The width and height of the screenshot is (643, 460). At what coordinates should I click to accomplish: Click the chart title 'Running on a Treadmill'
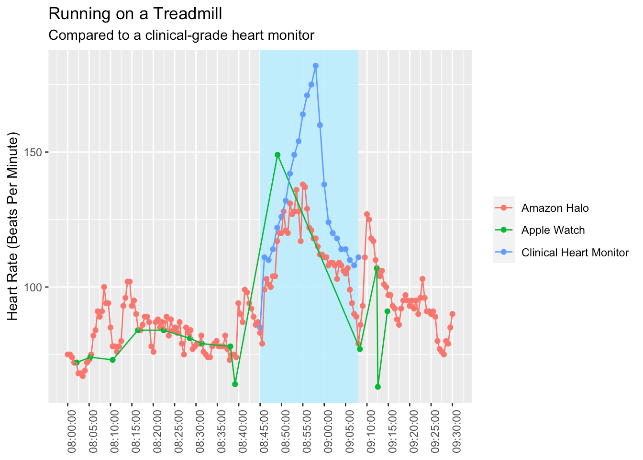click(135, 14)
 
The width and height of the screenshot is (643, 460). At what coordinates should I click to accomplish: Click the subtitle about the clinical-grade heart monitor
click(181, 35)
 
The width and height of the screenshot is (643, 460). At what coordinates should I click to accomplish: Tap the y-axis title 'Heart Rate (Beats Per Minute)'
click(13, 226)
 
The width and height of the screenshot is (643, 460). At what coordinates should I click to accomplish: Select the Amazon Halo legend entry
click(555, 208)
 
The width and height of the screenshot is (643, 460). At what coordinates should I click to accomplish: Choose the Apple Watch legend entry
click(553, 230)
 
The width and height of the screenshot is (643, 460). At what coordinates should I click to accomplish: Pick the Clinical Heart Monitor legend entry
click(575, 253)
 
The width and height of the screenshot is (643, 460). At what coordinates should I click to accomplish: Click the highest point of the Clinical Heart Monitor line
click(316, 66)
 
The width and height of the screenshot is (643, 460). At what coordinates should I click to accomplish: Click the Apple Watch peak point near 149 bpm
click(277, 155)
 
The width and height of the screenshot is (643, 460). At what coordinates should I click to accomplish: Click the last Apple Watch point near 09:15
click(388, 311)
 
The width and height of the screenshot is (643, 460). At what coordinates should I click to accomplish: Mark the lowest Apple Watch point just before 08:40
click(235, 384)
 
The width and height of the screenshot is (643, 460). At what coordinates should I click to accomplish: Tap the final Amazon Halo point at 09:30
click(453, 314)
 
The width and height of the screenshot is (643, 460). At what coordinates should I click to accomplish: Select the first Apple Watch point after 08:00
click(77, 362)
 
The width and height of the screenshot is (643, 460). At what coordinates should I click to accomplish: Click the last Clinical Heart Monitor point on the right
click(358, 257)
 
